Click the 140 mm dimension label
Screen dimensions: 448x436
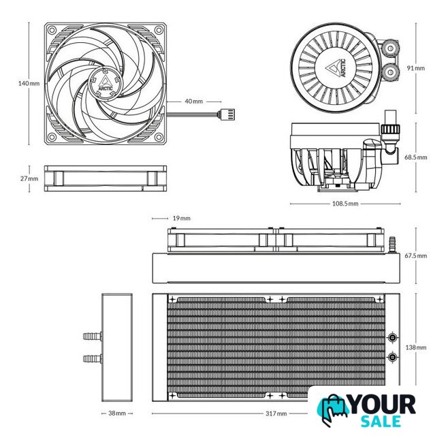(x=29, y=84)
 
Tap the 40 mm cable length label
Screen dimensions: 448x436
(x=194, y=102)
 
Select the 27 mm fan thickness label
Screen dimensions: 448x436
(x=29, y=178)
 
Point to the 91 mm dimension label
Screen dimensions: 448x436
(x=416, y=68)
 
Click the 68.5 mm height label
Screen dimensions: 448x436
(x=416, y=157)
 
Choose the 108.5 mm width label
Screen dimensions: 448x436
(x=345, y=204)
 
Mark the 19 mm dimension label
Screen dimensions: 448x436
(x=181, y=218)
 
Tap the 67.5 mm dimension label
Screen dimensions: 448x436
(x=416, y=255)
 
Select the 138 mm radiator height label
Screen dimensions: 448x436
(x=416, y=347)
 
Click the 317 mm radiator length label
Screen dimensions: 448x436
(x=276, y=414)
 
